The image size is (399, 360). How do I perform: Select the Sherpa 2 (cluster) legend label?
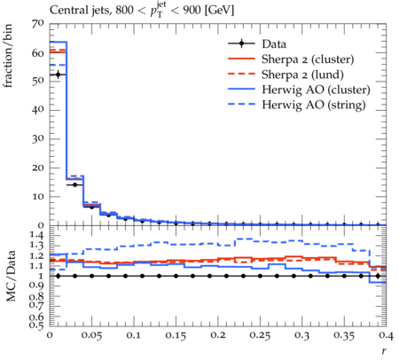pyautogui.click(x=308, y=59)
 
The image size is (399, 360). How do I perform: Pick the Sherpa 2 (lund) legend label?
pyautogui.click(x=302, y=74)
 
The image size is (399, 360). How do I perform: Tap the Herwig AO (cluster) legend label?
pyautogui.click(x=316, y=90)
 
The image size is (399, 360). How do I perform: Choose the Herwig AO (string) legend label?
pyautogui.click(x=314, y=105)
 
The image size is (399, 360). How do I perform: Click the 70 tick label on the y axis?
pyautogui.click(x=38, y=24)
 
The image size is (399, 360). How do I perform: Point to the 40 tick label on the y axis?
pyautogui.click(x=38, y=110)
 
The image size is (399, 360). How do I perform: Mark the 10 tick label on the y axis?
pyautogui.click(x=38, y=196)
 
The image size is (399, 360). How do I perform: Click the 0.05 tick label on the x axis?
pyautogui.click(x=92, y=335)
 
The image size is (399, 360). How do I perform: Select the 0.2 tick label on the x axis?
pyautogui.click(x=218, y=335)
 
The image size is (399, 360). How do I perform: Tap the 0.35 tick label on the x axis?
pyautogui.click(x=344, y=335)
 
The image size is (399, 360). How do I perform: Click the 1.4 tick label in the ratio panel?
pyautogui.click(x=37, y=236)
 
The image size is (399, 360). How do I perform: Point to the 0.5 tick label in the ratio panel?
pyautogui.click(x=37, y=325)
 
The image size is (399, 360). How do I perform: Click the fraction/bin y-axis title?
pyautogui.click(x=8, y=56)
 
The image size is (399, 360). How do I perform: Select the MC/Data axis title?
pyautogui.click(x=11, y=276)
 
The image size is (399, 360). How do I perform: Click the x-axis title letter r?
pyautogui.click(x=384, y=351)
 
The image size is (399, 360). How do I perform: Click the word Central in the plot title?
pyautogui.click(x=66, y=11)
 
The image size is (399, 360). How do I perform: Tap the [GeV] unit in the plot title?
pyautogui.click(x=219, y=11)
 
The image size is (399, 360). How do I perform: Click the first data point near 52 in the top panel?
pyautogui.click(x=58, y=74)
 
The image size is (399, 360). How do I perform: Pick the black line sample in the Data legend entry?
pyautogui.click(x=241, y=43)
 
